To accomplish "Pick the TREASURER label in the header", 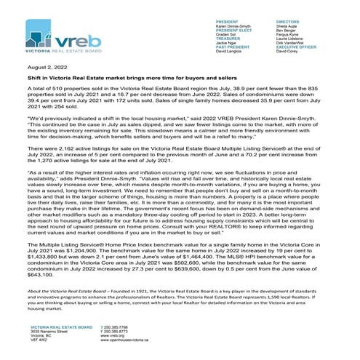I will [x=231, y=40].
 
